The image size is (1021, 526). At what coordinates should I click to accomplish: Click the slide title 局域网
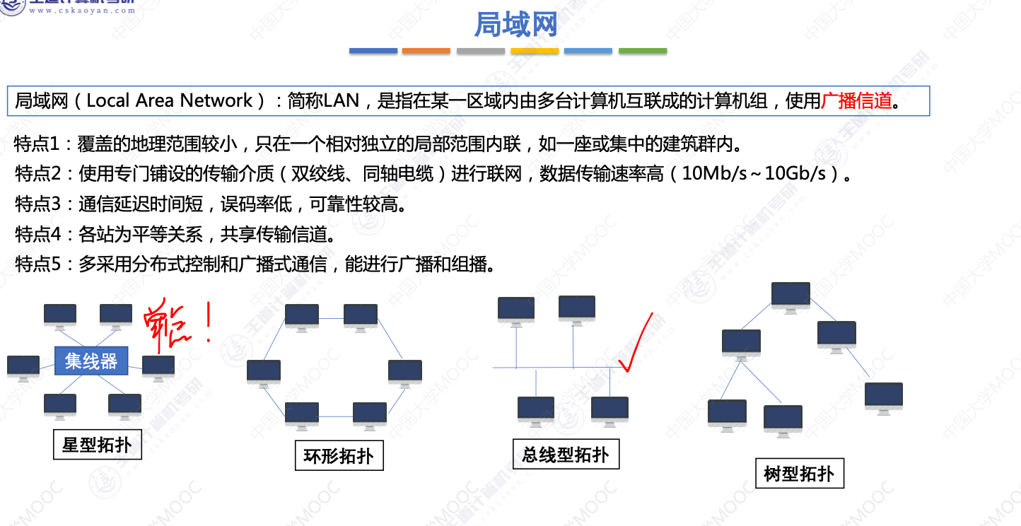(515, 24)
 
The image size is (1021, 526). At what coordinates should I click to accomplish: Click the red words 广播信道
(856, 101)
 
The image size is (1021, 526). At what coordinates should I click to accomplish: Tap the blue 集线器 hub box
(91, 361)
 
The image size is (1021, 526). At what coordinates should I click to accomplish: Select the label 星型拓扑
(97, 445)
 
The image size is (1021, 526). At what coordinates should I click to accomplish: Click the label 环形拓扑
(339, 456)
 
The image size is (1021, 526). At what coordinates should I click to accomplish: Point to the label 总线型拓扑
(565, 455)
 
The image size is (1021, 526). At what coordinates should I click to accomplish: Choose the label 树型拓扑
(799, 473)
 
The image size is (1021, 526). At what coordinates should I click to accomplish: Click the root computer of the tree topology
(790, 296)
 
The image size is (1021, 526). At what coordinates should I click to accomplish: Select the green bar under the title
(643, 51)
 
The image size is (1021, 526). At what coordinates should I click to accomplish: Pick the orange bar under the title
(426, 51)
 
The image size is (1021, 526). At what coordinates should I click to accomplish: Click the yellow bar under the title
(535, 51)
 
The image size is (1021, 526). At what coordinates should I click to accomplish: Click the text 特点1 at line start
(37, 145)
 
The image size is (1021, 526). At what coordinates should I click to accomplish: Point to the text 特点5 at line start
(37, 264)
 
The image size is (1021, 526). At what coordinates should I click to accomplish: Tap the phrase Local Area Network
(169, 101)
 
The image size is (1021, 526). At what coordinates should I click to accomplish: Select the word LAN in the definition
(342, 101)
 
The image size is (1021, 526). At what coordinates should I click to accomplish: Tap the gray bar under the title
(480, 51)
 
